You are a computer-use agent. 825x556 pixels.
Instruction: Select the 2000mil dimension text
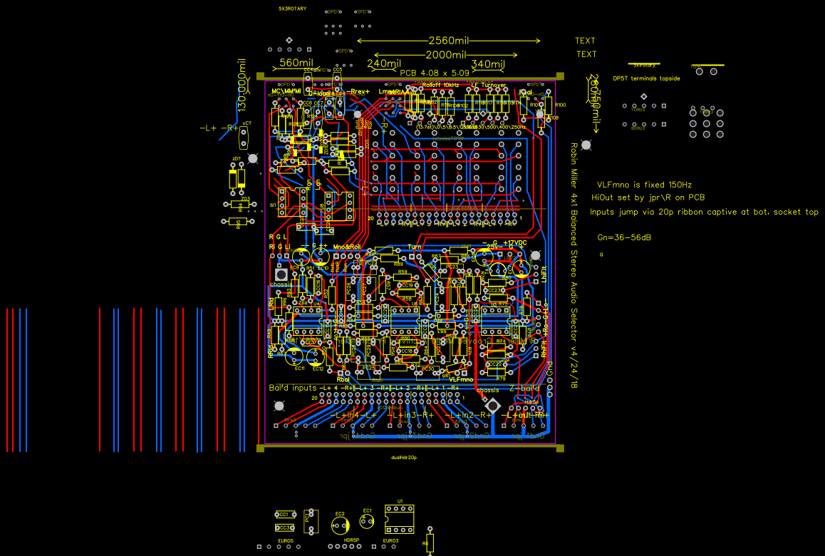pyautogui.click(x=446, y=55)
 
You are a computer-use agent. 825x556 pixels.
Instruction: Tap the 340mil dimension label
pyautogui.click(x=487, y=65)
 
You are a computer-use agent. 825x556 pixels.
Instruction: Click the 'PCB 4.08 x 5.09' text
pyautogui.click(x=434, y=73)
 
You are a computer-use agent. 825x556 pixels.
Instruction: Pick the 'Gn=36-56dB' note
pyautogui.click(x=624, y=237)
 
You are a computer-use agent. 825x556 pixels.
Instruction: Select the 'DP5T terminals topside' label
pyautogui.click(x=646, y=78)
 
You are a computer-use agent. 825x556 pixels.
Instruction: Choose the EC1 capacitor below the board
pyautogui.click(x=367, y=522)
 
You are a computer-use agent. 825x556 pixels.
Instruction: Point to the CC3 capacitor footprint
pyautogui.click(x=284, y=527)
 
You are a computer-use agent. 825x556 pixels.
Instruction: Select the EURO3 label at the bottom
pyautogui.click(x=390, y=541)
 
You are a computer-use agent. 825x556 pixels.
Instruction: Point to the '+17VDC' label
pyautogui.click(x=514, y=243)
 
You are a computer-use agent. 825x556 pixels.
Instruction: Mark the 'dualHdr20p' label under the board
pyautogui.click(x=404, y=457)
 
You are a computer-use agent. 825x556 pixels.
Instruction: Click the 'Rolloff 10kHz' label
pyautogui.click(x=440, y=85)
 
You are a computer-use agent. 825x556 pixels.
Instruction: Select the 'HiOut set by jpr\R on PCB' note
pyautogui.click(x=648, y=197)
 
